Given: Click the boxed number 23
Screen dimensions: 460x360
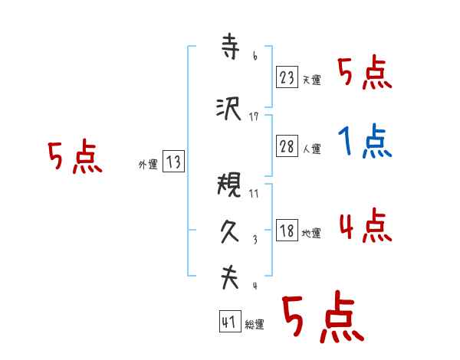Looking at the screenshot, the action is tap(287, 77).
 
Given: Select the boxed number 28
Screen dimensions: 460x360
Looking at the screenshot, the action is tap(287, 147).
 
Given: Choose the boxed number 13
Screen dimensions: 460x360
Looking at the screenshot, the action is tap(173, 162).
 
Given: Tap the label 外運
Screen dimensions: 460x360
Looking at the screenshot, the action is tap(147, 164).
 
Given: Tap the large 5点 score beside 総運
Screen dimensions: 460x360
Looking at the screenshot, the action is tap(322, 318).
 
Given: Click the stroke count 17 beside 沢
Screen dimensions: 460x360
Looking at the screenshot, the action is tap(255, 116).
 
